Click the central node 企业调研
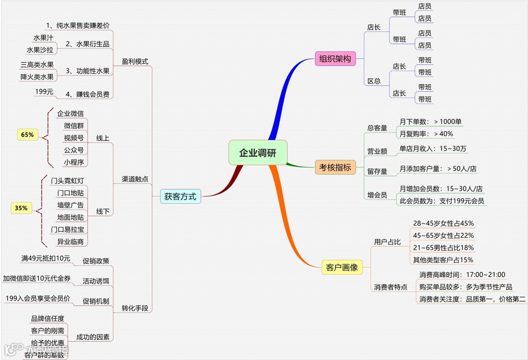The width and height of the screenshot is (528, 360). coord(258,153)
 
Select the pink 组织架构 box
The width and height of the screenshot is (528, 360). coord(335,59)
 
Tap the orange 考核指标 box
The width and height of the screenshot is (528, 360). coord(335,167)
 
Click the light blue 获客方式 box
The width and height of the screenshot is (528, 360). coord(180,197)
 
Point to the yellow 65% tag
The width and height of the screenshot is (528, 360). coord(28,134)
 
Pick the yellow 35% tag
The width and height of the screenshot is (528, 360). coord(21,208)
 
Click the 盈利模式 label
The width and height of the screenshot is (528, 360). coord(135,62)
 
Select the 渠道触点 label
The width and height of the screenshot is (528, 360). coord(135,179)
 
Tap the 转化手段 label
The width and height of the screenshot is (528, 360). coord(135,309)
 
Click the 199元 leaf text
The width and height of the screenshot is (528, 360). coord(44,91)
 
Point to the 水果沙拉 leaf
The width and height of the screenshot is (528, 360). coord(40,50)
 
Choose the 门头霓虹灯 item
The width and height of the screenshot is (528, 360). coord(71,180)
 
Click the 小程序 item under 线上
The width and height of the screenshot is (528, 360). coord(74,162)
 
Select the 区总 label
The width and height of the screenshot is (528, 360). coord(374,81)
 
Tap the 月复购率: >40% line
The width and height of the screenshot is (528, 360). coord(426,133)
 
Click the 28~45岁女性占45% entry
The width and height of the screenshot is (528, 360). coord(443,223)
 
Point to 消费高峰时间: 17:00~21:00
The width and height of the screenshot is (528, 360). coord(462,275)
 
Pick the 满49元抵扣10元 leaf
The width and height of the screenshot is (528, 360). coord(45,258)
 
